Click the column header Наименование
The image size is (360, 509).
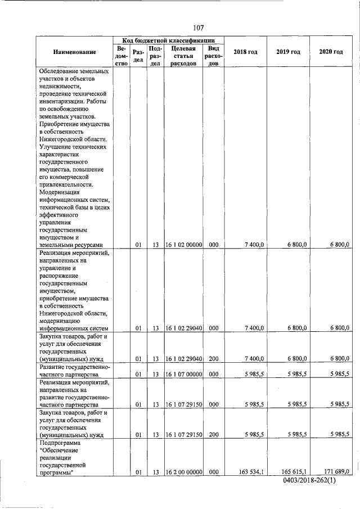click(75, 52)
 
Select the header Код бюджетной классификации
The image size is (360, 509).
click(168, 40)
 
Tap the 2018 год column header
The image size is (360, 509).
click(245, 52)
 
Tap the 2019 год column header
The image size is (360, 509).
click(288, 52)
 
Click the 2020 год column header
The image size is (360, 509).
click(331, 52)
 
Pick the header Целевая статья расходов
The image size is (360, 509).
click(183, 56)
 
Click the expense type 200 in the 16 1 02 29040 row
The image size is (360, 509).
click(213, 358)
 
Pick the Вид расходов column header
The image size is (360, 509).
click(213, 56)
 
